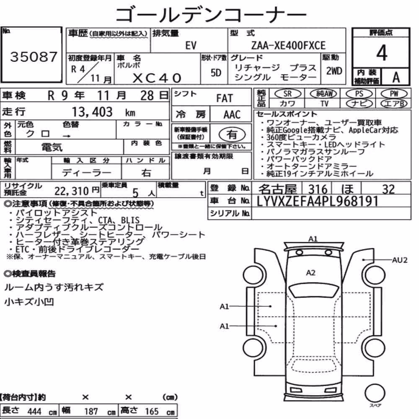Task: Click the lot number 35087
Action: pyautogui.click(x=34, y=57)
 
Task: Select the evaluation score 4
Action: pyautogui.click(x=382, y=53)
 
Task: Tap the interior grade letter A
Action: pyautogui.click(x=396, y=78)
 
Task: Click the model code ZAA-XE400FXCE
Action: pyautogui.click(x=288, y=45)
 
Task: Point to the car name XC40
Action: pyautogui.click(x=157, y=78)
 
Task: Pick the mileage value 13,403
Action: pyautogui.click(x=92, y=112)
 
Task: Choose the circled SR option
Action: pyautogui.click(x=288, y=93)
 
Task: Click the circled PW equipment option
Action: pyautogui.click(x=394, y=93)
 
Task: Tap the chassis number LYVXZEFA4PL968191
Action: pyautogui.click(x=318, y=201)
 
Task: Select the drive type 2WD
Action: pyautogui.click(x=334, y=71)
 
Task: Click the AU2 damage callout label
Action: pyautogui.click(x=399, y=260)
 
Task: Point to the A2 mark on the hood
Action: pyautogui.click(x=310, y=273)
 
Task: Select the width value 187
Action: pyautogui.click(x=91, y=411)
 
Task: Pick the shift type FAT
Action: pyautogui.click(x=225, y=98)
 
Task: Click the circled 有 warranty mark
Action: pyautogui.click(x=232, y=134)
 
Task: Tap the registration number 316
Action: pyautogui.click(x=318, y=189)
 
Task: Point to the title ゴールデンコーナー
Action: pyautogui.click(x=211, y=15)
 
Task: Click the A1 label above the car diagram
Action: pyautogui.click(x=313, y=239)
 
